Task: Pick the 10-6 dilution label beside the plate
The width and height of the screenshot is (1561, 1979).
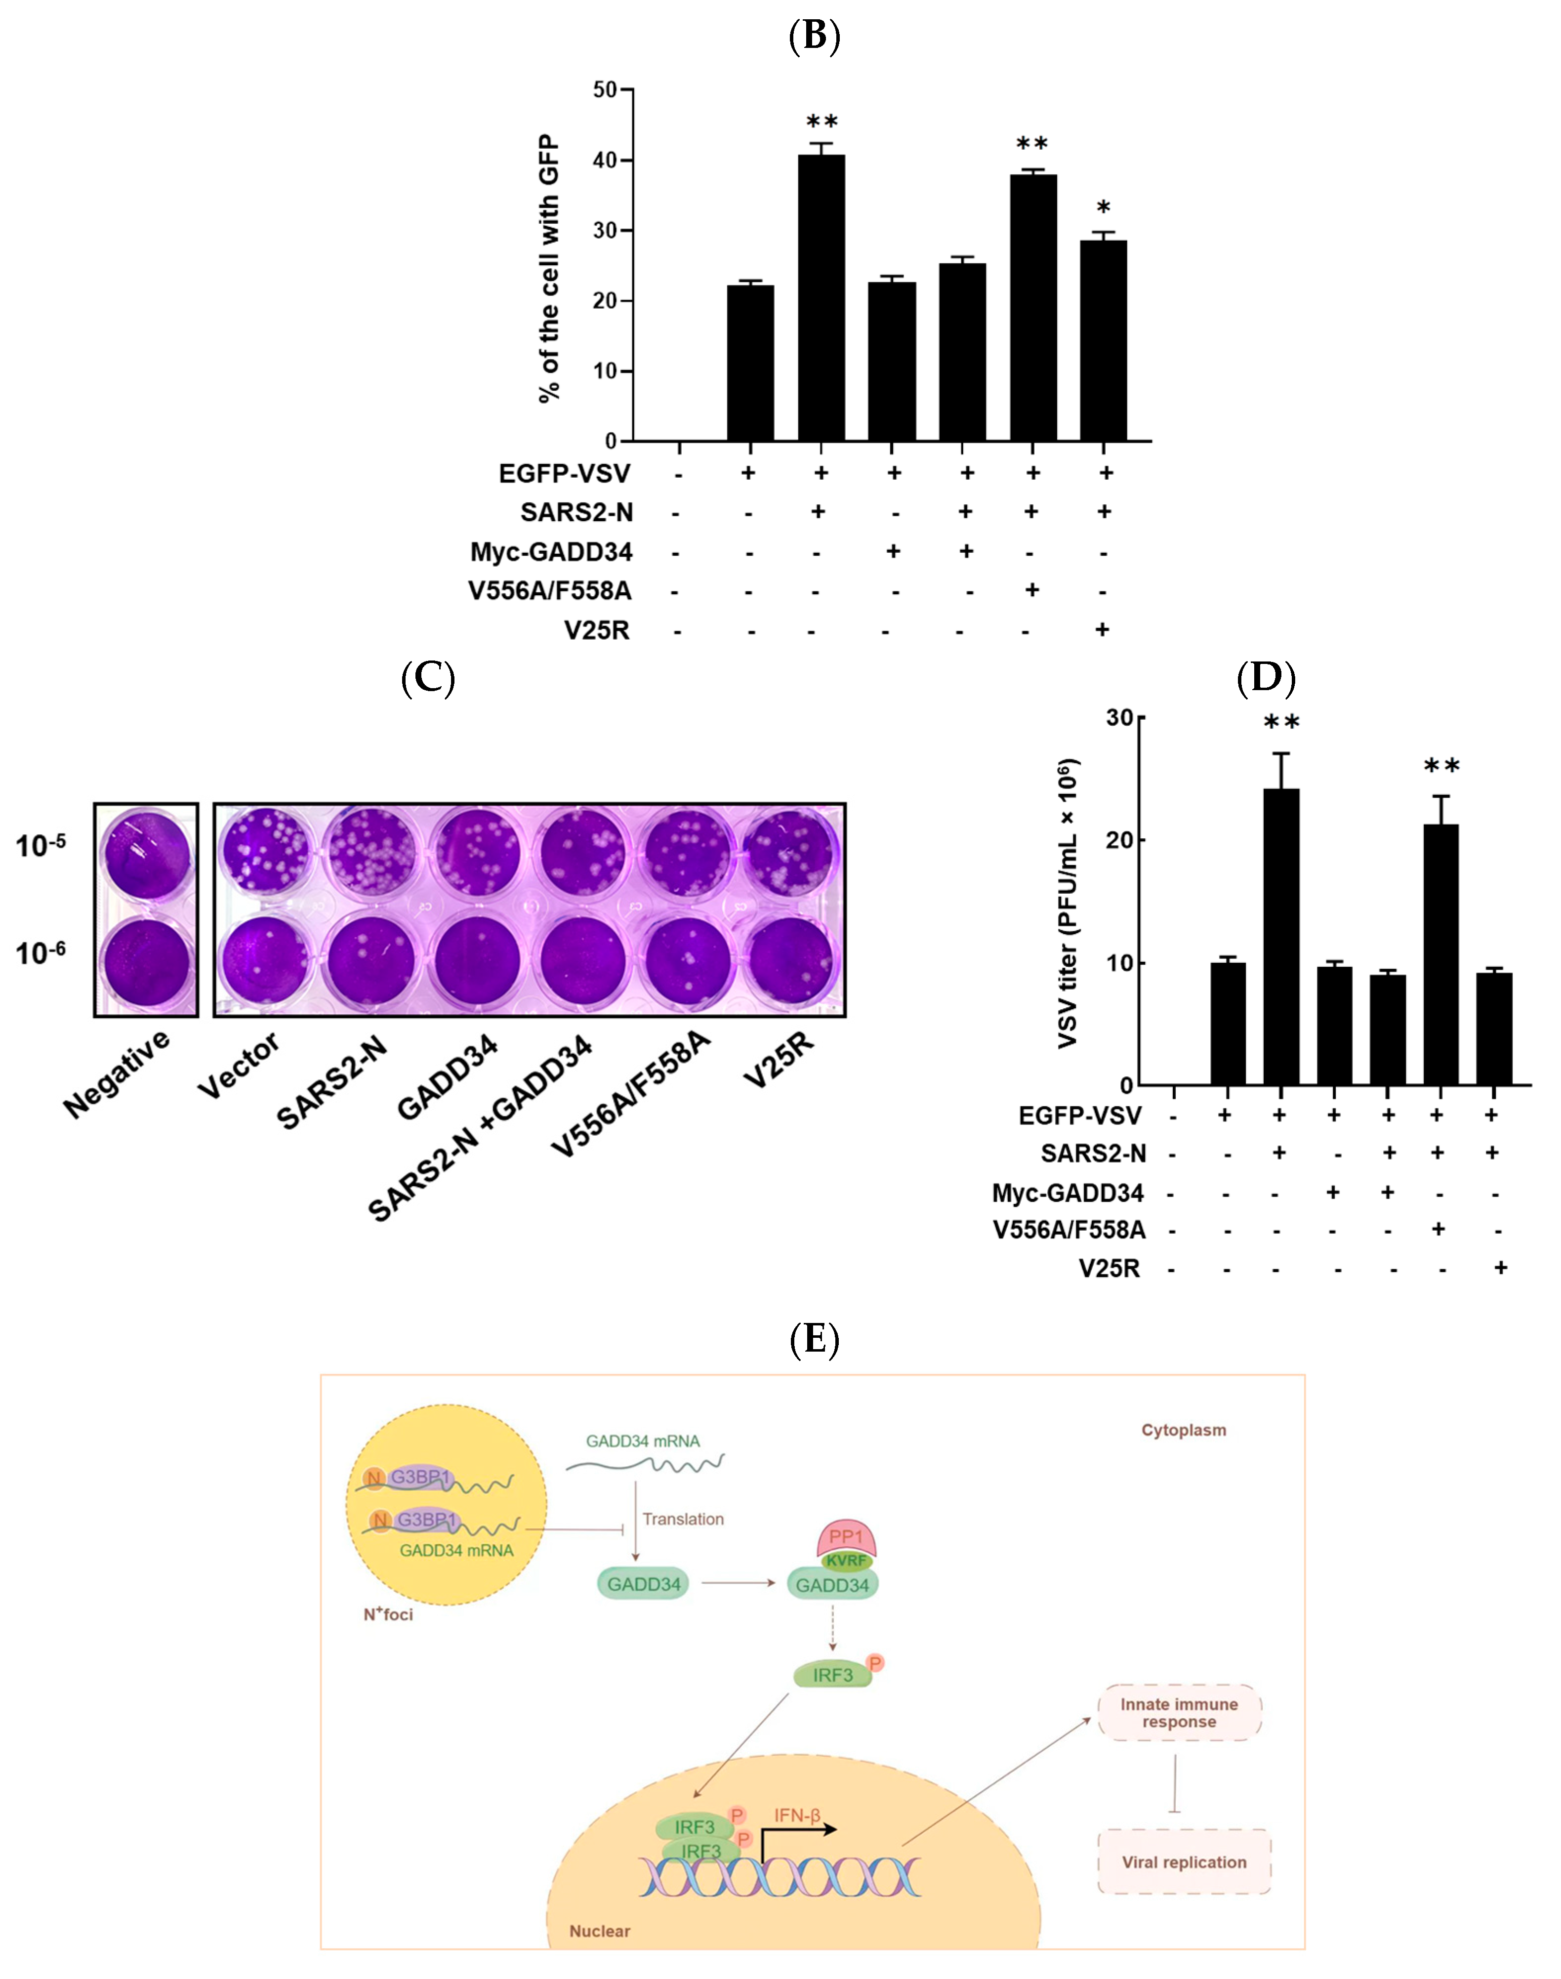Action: pos(41,952)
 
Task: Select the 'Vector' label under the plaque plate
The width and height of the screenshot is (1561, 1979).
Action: pos(240,1065)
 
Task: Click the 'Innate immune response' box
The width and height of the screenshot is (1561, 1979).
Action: pos(1179,1712)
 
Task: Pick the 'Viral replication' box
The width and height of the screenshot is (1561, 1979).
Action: pos(1184,1862)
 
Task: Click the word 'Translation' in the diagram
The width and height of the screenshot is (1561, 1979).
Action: pos(683,1519)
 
